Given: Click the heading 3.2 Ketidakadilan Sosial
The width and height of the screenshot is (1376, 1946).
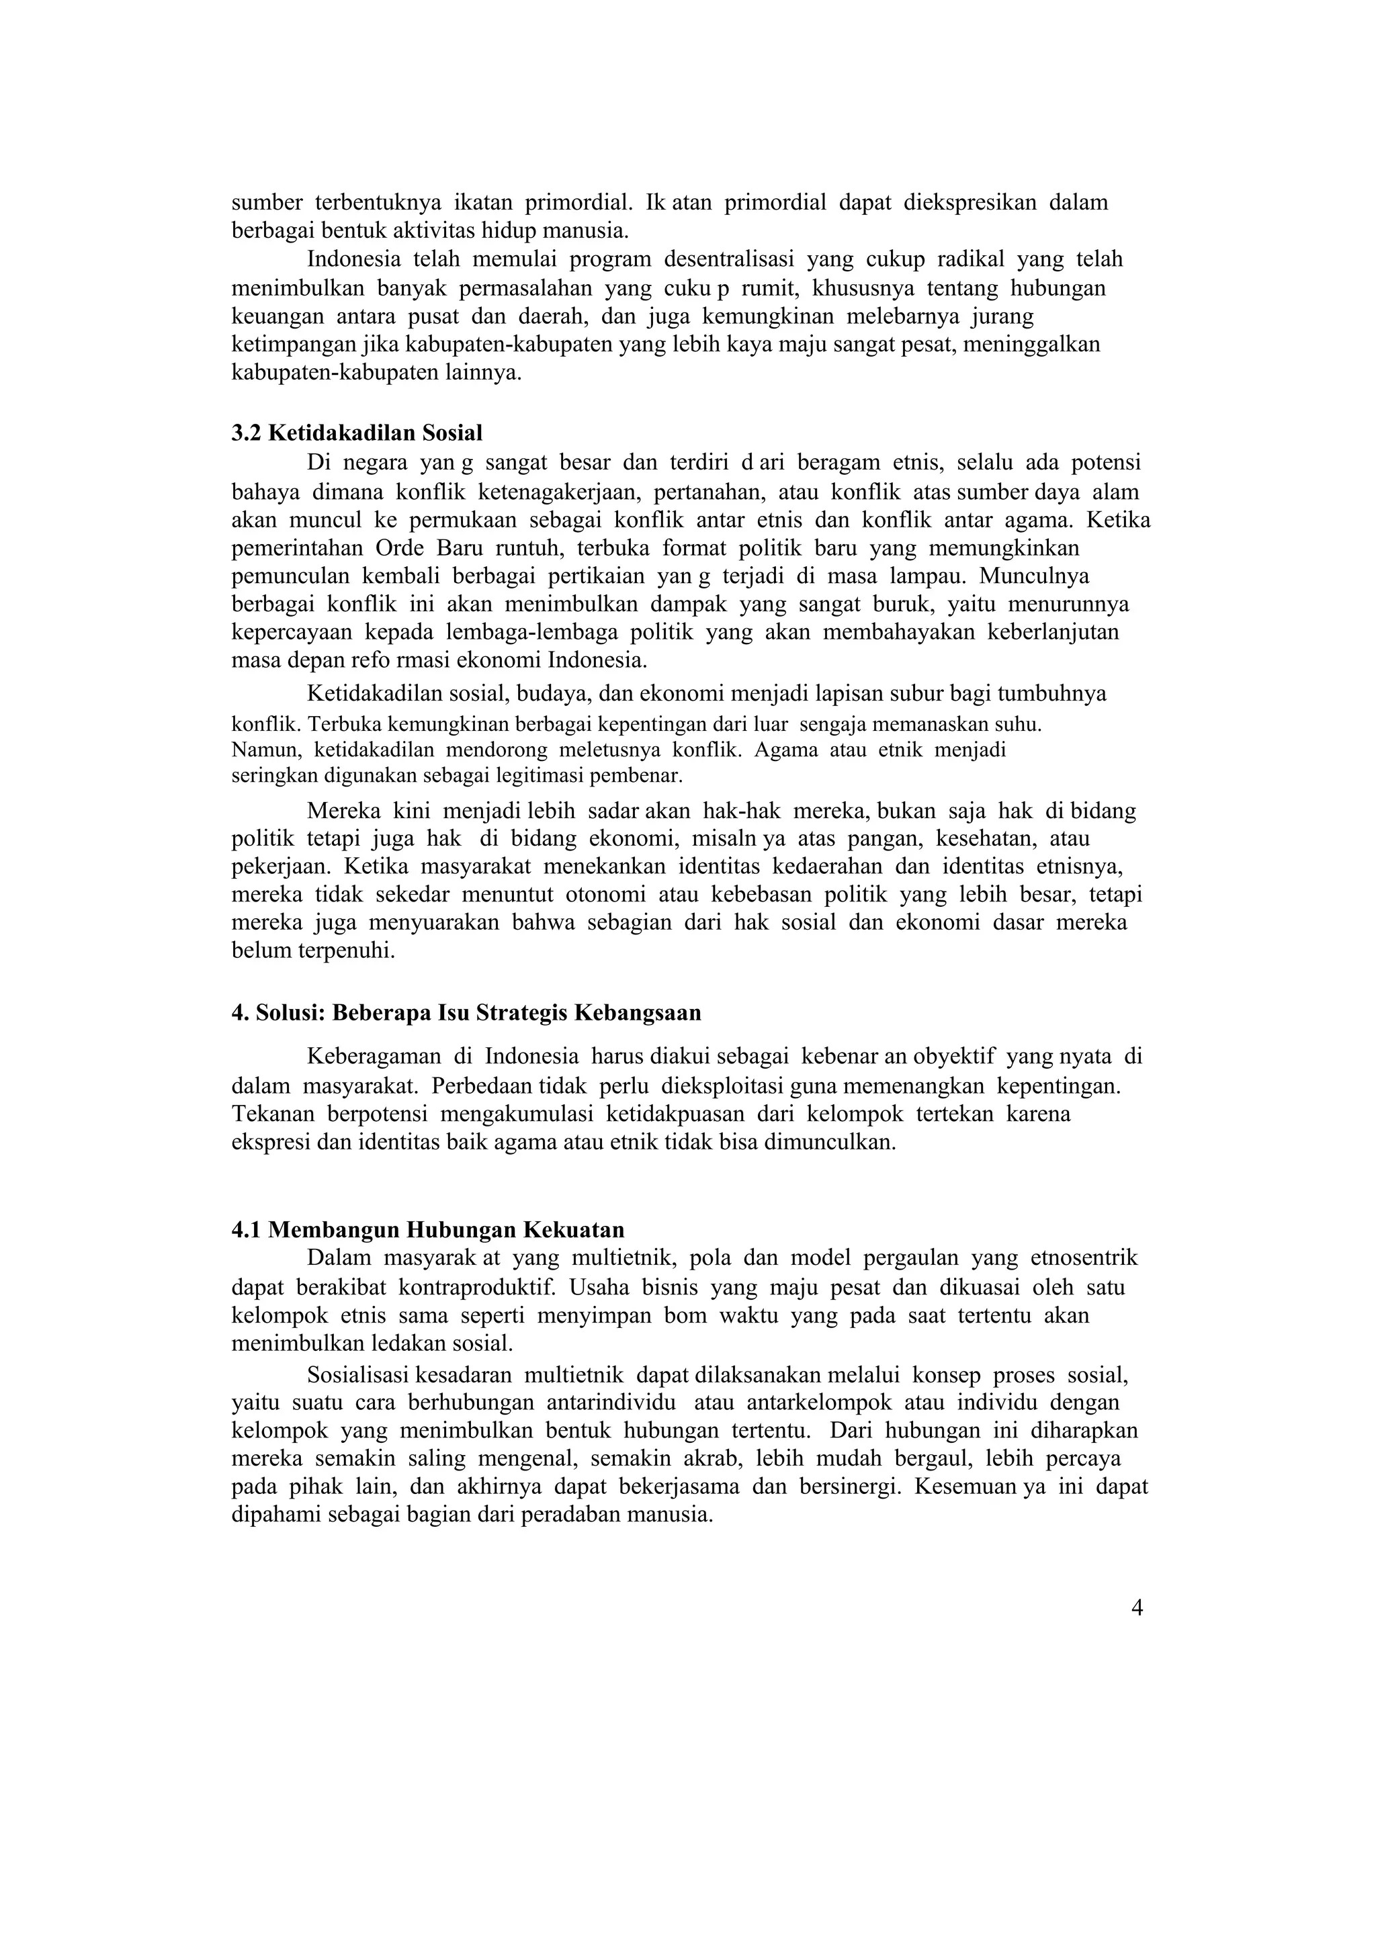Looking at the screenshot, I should (357, 433).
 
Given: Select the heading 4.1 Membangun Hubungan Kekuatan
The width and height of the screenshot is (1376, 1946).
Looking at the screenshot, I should (428, 1230).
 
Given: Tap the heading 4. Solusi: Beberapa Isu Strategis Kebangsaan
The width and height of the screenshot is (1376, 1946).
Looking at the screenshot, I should (466, 1013).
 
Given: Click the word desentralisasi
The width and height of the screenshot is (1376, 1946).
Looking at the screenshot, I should (729, 259).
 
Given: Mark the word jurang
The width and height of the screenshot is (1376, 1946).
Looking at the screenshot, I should (1003, 317).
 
